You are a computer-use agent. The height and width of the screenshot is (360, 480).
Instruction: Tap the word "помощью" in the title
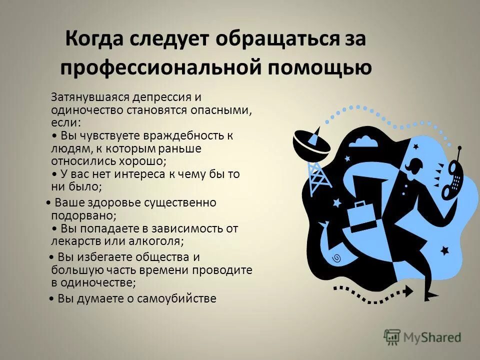(x=321, y=68)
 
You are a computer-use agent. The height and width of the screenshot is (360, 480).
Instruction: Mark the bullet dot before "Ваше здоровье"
(x=47, y=203)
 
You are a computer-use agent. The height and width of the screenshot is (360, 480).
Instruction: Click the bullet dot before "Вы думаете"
(x=53, y=299)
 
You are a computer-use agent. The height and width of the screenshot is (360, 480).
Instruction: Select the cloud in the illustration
(x=362, y=141)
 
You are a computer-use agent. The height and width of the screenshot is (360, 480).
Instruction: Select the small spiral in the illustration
(x=337, y=258)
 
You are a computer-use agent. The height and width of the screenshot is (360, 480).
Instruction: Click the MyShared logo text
(x=432, y=338)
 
